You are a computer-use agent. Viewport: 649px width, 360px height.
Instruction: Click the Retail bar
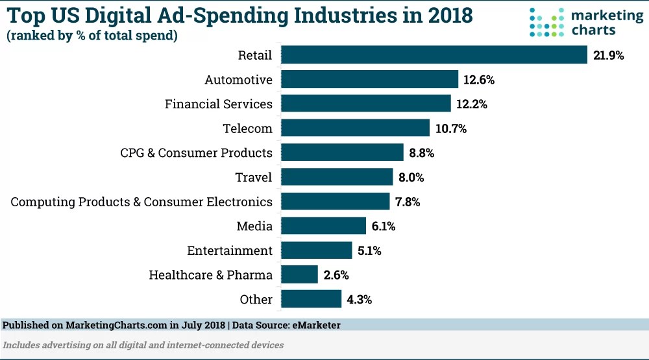(x=434, y=55)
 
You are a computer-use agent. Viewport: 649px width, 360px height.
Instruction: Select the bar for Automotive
(x=370, y=80)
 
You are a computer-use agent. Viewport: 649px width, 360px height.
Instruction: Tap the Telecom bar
(x=356, y=128)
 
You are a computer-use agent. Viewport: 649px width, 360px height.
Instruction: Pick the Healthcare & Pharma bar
(x=300, y=275)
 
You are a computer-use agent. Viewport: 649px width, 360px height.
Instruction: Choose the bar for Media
(x=324, y=226)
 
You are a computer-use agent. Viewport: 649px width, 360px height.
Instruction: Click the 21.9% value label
(x=608, y=56)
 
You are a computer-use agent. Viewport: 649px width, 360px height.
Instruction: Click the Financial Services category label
(x=219, y=104)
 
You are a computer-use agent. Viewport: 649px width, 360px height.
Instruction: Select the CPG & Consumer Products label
(x=196, y=153)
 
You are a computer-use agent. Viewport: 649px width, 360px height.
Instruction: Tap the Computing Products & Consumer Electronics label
(x=141, y=202)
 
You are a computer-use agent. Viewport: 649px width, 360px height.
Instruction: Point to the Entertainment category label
(x=230, y=251)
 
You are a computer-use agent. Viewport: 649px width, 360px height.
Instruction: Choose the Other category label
(x=256, y=300)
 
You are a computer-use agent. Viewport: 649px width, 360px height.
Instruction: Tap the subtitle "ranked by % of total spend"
(x=92, y=36)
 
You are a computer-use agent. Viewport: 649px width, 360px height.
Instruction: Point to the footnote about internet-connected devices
(x=143, y=345)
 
